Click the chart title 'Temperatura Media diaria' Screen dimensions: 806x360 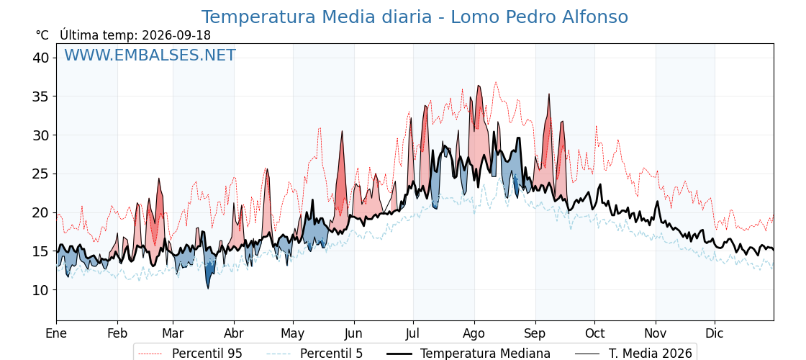tap(316, 17)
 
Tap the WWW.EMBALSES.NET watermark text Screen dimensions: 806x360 tap(150, 55)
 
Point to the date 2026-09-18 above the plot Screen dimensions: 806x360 tap(176, 35)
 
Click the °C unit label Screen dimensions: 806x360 tap(42, 35)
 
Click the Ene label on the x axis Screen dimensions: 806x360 tap(57, 333)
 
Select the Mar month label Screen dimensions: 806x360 tap(173, 333)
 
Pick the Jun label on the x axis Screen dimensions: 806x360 tap(353, 333)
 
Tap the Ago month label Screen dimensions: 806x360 tap(474, 333)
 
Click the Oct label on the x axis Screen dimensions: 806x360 tap(594, 333)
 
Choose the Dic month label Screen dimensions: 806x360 tap(715, 333)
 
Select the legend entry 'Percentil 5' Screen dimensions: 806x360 tap(314, 354)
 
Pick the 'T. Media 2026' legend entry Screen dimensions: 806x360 tap(633, 354)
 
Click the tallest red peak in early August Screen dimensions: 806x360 tap(479, 86)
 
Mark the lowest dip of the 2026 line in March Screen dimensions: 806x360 tap(208, 289)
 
